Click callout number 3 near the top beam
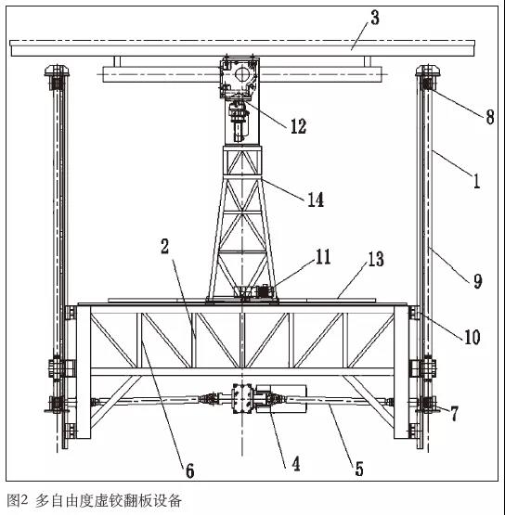[x=375, y=18]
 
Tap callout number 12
[x=298, y=126]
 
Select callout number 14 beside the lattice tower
[x=316, y=200]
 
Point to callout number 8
[x=490, y=117]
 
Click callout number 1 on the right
[x=477, y=180]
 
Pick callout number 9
[x=477, y=281]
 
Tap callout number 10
[x=473, y=337]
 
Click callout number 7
[x=454, y=414]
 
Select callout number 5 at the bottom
[x=359, y=469]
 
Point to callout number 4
[x=296, y=464]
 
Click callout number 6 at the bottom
[x=190, y=470]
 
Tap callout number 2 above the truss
[x=164, y=246]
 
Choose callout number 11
[x=323, y=256]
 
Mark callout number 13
[x=376, y=259]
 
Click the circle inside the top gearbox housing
[x=242, y=74]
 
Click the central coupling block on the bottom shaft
[x=241, y=398]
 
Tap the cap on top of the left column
[x=58, y=71]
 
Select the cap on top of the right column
[x=428, y=71]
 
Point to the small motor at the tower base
[x=263, y=292]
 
